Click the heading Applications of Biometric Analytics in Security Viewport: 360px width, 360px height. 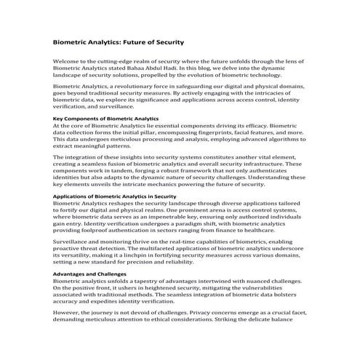pyautogui.click(x=115, y=196)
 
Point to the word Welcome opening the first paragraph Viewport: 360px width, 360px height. pyautogui.click(x=68, y=62)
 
